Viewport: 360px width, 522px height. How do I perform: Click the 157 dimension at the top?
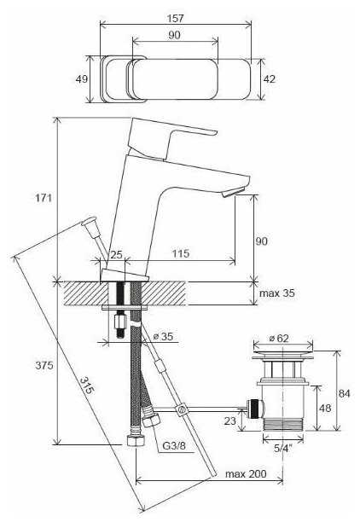(x=175, y=18)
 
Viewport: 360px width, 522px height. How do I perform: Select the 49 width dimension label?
(x=82, y=79)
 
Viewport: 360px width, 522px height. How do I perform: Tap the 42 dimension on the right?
(x=270, y=79)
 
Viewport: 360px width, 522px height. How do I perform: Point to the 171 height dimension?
(x=44, y=198)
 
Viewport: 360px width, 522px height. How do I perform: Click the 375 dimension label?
(x=44, y=365)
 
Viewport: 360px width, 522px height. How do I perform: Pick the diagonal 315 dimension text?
(x=87, y=386)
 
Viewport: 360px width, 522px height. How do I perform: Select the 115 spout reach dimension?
(x=181, y=253)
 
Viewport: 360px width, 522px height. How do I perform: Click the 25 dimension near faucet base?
(x=116, y=255)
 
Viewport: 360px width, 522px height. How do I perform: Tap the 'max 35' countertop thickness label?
(x=276, y=293)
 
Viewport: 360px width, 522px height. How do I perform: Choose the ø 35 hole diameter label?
(x=163, y=336)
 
